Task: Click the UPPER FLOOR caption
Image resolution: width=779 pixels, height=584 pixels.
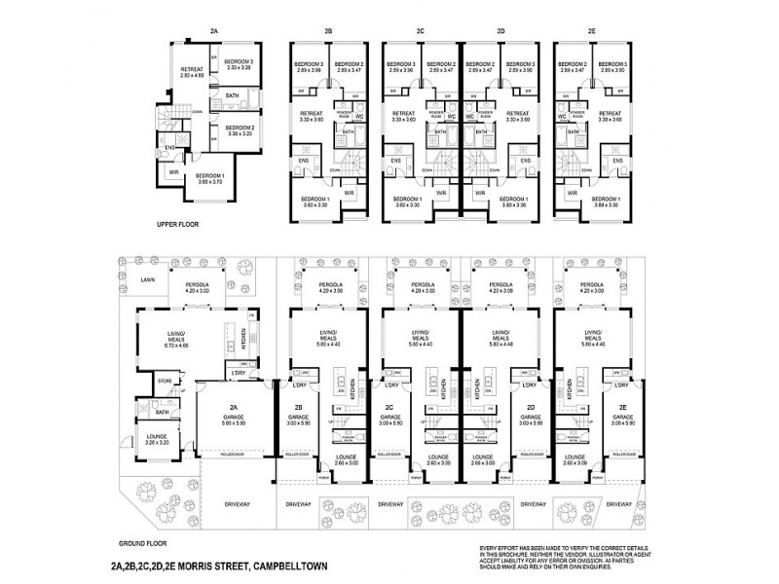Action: tap(177, 224)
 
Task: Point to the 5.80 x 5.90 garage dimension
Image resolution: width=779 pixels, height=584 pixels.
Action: tap(234, 422)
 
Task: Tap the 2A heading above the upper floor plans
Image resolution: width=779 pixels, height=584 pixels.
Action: tap(214, 32)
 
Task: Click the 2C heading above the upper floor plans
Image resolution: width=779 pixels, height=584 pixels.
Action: tap(420, 32)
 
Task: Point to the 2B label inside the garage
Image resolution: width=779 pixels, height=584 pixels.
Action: tap(299, 407)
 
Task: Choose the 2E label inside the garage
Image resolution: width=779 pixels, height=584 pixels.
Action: tap(621, 407)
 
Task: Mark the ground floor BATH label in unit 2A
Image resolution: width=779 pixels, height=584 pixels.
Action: tap(162, 411)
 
